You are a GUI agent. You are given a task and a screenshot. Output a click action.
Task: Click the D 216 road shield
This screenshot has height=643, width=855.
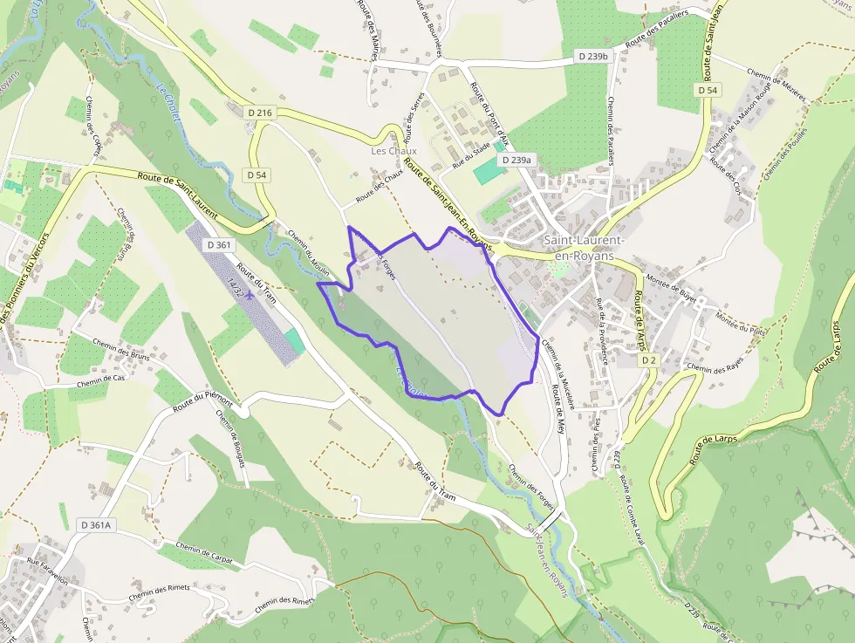(261, 113)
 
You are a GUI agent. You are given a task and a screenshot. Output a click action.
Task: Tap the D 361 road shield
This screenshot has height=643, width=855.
(220, 245)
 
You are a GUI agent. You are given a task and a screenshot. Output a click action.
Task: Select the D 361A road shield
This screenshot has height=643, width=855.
(97, 525)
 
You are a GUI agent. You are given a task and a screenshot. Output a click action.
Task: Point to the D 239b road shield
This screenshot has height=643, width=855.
(592, 56)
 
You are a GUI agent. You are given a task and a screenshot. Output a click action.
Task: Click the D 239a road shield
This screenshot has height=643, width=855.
(516, 161)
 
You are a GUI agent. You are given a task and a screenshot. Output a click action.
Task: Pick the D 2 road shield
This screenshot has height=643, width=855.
(647, 360)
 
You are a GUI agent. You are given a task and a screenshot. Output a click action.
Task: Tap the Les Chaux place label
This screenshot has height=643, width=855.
(394, 151)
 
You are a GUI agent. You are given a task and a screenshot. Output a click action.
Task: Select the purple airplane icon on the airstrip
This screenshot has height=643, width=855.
(250, 294)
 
